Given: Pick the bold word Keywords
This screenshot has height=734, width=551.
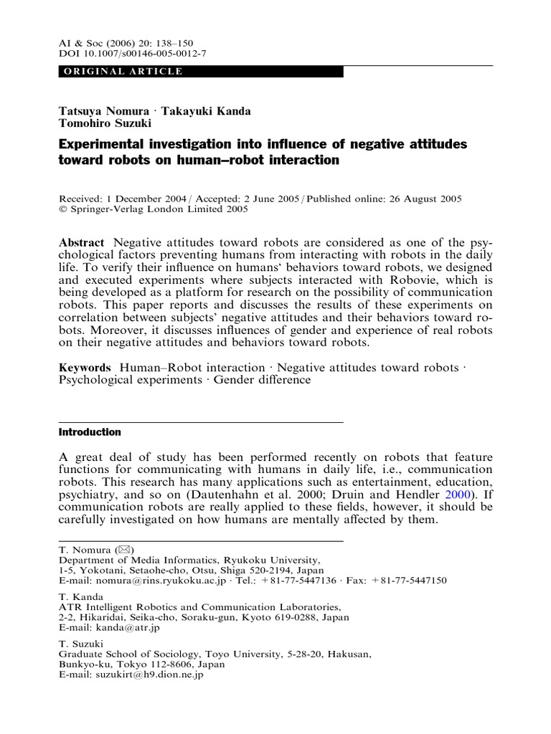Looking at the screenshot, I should (x=84, y=368).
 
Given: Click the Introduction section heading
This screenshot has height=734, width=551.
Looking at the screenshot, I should (x=89, y=432).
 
